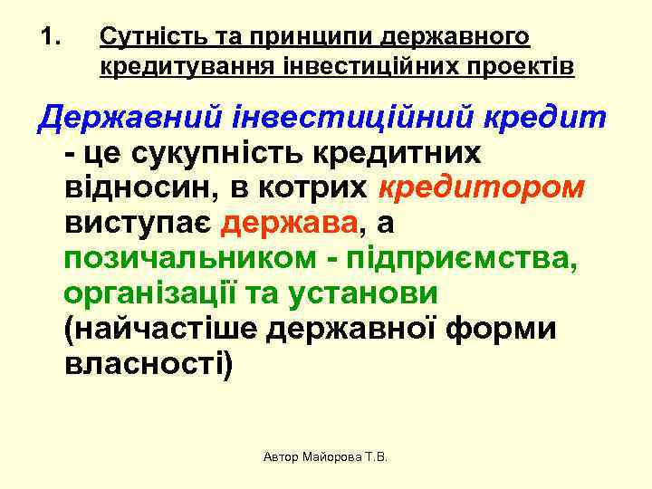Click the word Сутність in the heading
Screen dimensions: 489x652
click(x=143, y=38)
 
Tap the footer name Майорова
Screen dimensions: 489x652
click(x=321, y=458)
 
